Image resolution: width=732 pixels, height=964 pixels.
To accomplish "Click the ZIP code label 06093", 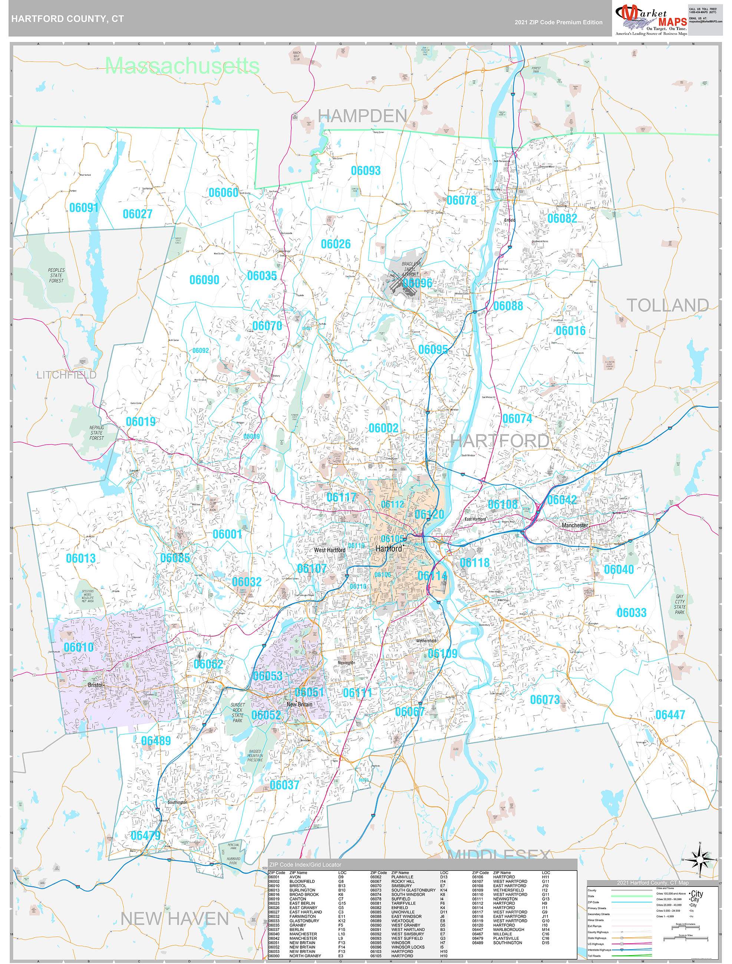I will (365, 171).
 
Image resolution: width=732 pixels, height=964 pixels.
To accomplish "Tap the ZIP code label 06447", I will (670, 715).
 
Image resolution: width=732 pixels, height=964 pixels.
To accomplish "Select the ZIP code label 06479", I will (146, 835).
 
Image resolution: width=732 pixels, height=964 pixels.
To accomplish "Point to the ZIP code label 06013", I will (81, 558).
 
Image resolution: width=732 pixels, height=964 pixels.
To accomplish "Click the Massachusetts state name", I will (182, 66).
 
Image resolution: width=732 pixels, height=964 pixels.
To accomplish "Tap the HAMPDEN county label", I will (362, 116).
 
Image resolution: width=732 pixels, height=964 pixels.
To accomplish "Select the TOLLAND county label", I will (667, 305).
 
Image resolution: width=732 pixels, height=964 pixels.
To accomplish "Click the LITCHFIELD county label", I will (66, 375).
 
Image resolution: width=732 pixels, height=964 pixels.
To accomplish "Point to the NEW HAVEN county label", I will (174, 919).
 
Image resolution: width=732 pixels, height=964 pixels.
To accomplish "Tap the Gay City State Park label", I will (679, 604).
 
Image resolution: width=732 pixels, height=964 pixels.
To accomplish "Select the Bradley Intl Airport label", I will (410, 269).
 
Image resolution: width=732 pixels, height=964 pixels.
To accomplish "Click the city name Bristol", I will (95, 685).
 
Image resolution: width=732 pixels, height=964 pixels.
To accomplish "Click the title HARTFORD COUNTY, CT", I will (67, 19).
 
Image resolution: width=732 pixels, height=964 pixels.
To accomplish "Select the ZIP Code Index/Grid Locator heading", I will (305, 865).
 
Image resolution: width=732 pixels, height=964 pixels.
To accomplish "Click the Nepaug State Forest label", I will (96, 433).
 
